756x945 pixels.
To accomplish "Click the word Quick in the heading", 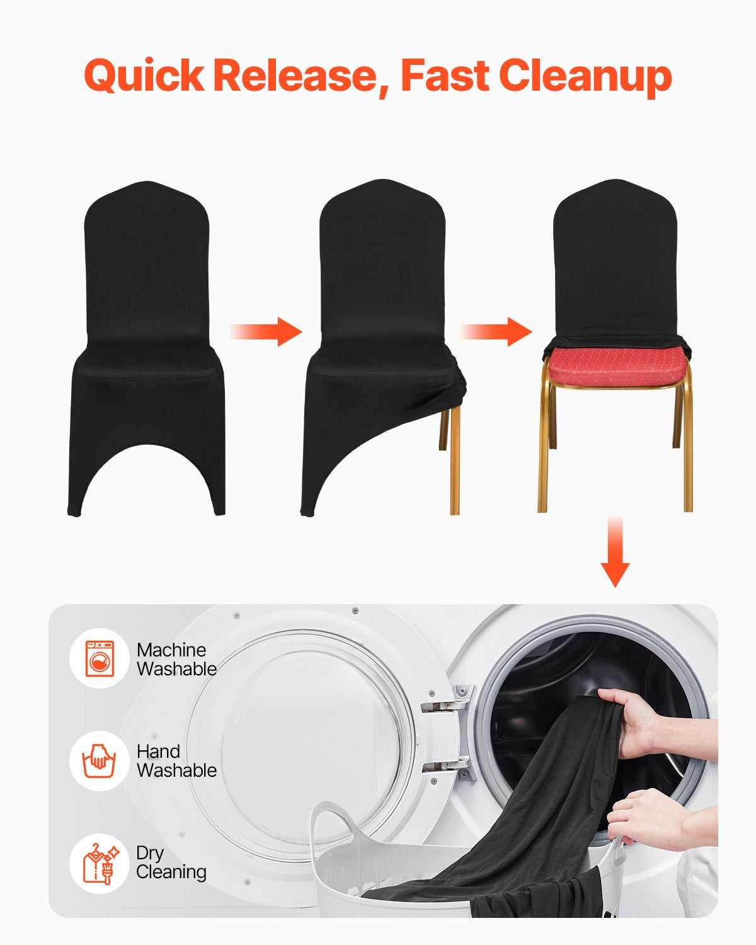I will (144, 76).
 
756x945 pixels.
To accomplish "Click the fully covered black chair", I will (146, 346).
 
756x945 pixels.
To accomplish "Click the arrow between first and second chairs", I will (267, 331).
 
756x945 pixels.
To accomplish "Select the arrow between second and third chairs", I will (497, 331).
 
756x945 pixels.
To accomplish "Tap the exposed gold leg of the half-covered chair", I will (454, 460).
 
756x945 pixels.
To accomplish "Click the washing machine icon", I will (100, 658).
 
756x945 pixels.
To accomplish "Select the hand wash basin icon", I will (100, 760).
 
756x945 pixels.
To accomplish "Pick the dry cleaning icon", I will (100, 863).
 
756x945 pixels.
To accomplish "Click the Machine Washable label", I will (176, 659).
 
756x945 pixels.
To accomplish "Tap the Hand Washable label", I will (176, 760).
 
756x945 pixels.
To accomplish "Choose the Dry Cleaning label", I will (171, 862).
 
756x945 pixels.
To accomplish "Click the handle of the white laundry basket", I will (331, 819).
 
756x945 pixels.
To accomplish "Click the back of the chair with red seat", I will (615, 265).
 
